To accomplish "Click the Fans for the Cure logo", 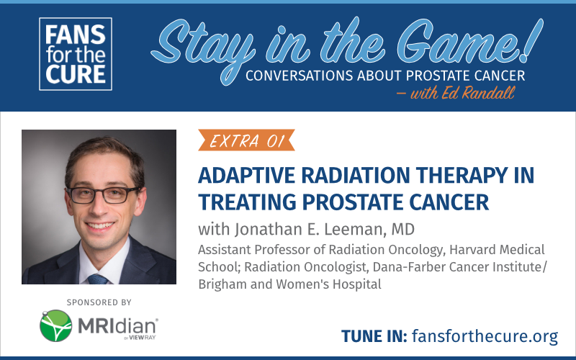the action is [x=76, y=54].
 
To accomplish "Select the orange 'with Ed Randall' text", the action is [x=456, y=93].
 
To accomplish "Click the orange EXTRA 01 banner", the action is [x=246, y=140].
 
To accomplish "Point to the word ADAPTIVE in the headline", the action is [x=246, y=176].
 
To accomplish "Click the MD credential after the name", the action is [x=403, y=229].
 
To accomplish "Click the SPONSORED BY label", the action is [x=99, y=302].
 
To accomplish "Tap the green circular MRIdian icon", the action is [x=56, y=325].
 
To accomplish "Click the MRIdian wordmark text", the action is [x=117, y=326].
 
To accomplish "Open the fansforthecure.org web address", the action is [x=485, y=336].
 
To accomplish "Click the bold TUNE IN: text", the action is [x=374, y=336].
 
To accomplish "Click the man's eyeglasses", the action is [x=102, y=195].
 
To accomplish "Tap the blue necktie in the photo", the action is [x=98, y=279].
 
